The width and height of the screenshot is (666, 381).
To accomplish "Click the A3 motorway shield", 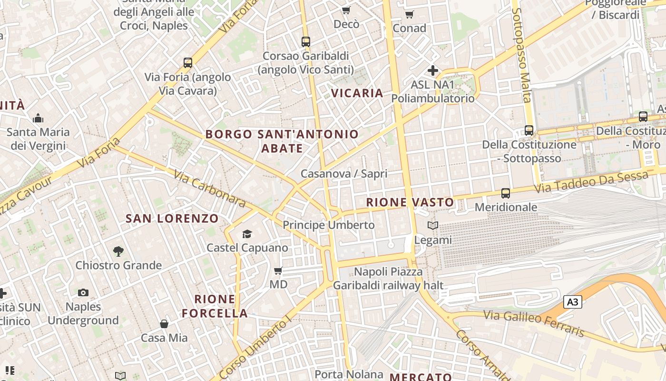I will [573, 301].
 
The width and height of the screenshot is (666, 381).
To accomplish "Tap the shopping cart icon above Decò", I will [346, 10].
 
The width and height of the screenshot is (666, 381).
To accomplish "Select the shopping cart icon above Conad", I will [410, 14].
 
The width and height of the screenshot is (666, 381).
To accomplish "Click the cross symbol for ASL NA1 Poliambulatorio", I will [432, 70].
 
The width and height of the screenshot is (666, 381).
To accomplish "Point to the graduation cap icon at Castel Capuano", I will [247, 234].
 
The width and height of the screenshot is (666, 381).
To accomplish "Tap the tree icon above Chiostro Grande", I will [118, 251].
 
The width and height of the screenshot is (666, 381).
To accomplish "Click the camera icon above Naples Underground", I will [83, 292].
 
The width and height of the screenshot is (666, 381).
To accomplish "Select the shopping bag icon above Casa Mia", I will [164, 324].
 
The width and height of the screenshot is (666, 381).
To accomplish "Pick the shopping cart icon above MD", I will [278, 271].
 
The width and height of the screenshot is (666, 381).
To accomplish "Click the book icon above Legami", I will [432, 225].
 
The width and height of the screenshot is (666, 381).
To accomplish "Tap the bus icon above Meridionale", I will [506, 193].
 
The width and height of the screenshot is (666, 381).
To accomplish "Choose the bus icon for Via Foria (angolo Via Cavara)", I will [188, 62].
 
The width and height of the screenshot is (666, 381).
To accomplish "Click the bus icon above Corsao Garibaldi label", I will [306, 41].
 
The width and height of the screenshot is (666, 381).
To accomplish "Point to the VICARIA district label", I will [357, 93].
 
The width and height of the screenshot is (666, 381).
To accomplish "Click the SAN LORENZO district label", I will [172, 219].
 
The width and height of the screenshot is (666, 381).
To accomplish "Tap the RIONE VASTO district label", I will [410, 202].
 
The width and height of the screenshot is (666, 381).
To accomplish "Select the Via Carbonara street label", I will [209, 189].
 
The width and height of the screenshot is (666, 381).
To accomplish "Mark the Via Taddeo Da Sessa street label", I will [591, 182].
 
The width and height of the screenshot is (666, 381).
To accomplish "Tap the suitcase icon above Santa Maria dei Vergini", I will [38, 118].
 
